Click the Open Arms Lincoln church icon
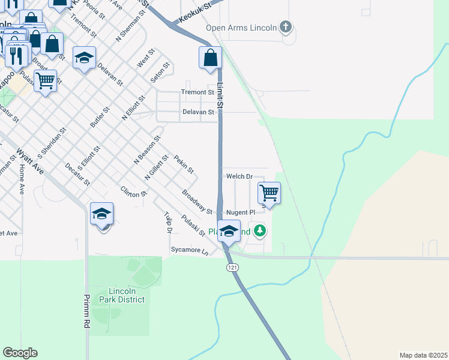pyautogui.click(x=286, y=27)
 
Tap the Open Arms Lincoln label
pyautogui.click(x=241, y=28)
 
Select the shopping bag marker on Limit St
pyautogui.click(x=210, y=58)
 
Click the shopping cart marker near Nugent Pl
pyautogui.click(x=270, y=194)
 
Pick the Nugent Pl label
pyautogui.click(x=241, y=212)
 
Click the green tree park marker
pyautogui.click(x=259, y=230)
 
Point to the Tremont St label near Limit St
pyautogui.click(x=197, y=92)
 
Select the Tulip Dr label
pyautogui.click(x=169, y=222)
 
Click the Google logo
pyautogui.click(x=20, y=353)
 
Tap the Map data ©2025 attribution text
pyautogui.click(x=423, y=355)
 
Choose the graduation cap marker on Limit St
pyautogui.click(x=229, y=231)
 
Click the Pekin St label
pyautogui.click(x=184, y=164)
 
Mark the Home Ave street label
pyautogui.click(x=22, y=179)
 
